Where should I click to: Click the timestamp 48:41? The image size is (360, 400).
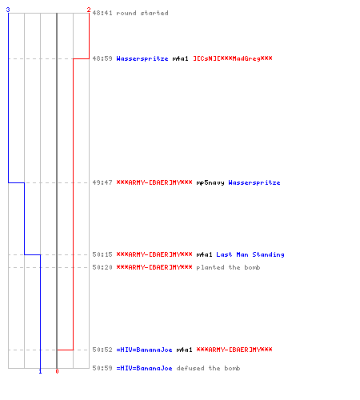coord(102,13)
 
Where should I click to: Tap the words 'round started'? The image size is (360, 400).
coord(142,13)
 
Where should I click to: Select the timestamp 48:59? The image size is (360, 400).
coord(102,58)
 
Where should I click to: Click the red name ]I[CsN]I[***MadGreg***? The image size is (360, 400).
coord(233,58)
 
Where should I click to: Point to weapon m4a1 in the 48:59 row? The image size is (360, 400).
coord(180,58)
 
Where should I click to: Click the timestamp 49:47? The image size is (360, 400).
coord(102,182)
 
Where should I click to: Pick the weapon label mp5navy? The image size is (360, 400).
coord(210,182)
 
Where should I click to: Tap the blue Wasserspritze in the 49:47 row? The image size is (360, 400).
coord(254,182)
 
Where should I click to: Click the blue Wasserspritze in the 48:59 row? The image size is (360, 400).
coord(142,58)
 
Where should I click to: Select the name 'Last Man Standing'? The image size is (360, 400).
coord(250,254)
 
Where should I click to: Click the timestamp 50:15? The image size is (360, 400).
coord(102,254)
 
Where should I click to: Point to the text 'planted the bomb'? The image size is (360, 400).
coord(228,267)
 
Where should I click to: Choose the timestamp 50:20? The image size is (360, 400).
coord(102,267)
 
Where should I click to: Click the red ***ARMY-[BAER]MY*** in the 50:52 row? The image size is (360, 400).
coord(234,350)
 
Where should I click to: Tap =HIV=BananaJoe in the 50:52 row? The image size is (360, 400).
coord(145,350)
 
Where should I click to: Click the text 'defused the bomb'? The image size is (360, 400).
coord(208,368)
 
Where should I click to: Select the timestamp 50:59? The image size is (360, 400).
coord(102,368)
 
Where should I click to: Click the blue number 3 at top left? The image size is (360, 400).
coord(8,10)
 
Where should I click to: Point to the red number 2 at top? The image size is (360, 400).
coord(89,10)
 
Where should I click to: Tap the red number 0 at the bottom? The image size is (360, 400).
coord(57,371)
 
